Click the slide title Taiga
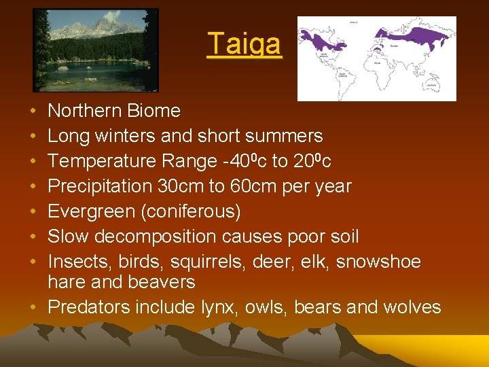pos(244,44)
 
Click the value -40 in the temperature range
pos(222,161)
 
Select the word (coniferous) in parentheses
pos(189,211)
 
